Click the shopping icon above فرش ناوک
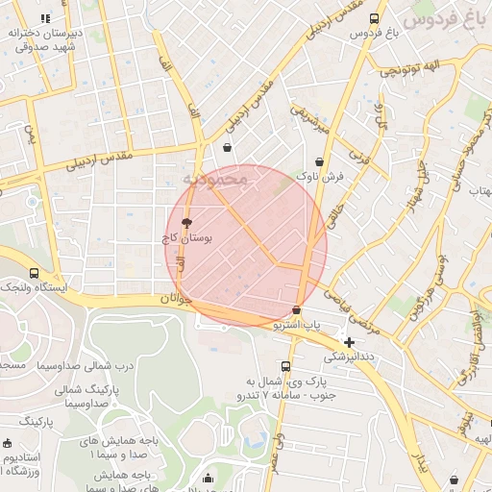(x=319, y=162)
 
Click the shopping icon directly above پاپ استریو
(x=296, y=310)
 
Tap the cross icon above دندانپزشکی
(x=349, y=341)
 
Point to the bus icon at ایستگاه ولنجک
(x=35, y=273)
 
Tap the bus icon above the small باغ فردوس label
(x=374, y=18)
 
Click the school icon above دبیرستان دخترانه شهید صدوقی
(x=46, y=17)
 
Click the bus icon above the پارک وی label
(x=285, y=366)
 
